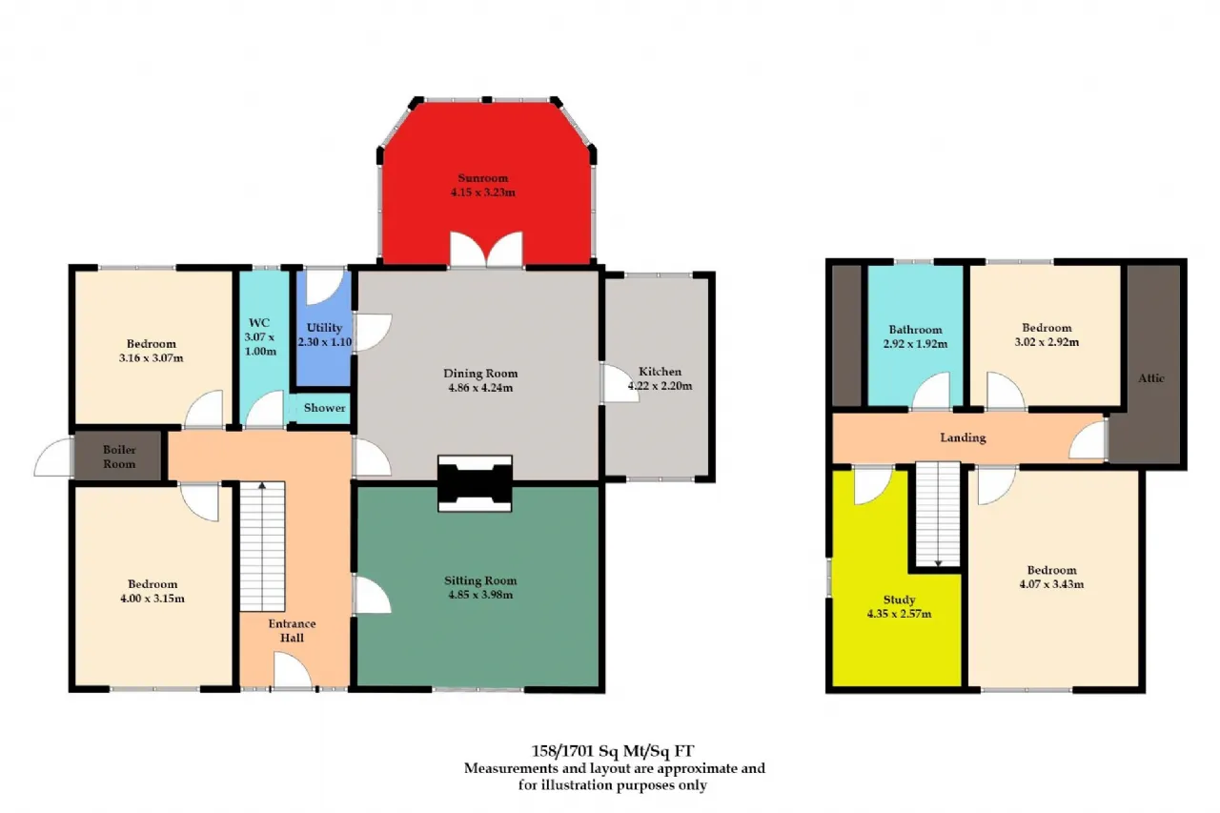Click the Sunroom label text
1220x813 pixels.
482,178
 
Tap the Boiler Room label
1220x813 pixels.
119,457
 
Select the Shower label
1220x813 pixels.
325,408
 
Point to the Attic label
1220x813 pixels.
1150,378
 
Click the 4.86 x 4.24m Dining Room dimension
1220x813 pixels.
480,388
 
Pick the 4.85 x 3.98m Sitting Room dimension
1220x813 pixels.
480,595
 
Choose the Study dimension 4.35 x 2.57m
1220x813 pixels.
899,614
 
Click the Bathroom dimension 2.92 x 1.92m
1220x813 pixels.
915,344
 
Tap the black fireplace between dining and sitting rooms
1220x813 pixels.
475,483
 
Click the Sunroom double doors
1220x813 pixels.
486,250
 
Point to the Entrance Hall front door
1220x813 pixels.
293,671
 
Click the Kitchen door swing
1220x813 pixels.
620,383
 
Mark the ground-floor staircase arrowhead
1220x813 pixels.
262,484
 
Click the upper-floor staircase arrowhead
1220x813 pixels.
938,563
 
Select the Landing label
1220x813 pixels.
963,437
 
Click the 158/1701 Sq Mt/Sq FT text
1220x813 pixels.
613,751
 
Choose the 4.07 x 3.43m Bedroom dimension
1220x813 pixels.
1051,584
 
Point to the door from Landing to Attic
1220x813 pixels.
1088,438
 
